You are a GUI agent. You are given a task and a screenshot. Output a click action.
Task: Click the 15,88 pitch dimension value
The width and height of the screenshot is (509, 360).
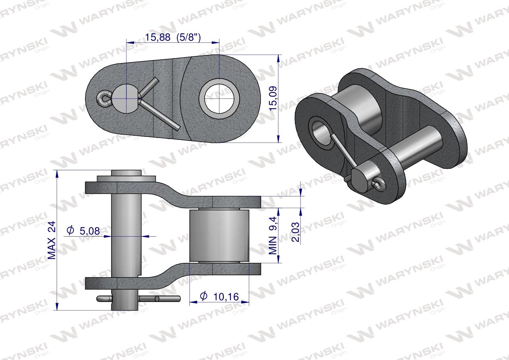(x=158, y=37)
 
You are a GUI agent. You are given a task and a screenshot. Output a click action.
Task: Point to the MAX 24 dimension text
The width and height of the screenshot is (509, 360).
(x=51, y=240)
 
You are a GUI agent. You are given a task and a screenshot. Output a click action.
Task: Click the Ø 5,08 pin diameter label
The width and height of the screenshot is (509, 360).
(x=83, y=231)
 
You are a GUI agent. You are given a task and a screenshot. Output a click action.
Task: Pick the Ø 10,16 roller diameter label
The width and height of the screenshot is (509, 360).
(x=219, y=297)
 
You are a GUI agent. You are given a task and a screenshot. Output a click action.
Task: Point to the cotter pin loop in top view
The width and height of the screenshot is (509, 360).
(x=102, y=99)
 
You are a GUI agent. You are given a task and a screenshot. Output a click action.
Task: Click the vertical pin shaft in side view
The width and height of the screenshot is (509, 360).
(x=126, y=232)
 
